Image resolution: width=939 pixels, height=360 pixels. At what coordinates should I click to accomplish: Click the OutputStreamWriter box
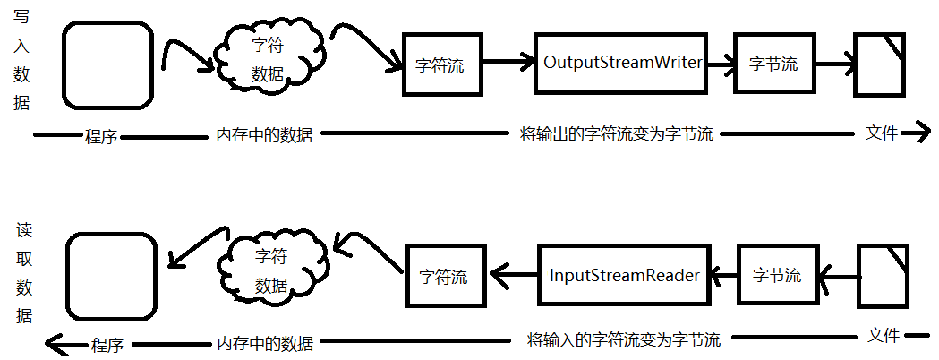(622, 64)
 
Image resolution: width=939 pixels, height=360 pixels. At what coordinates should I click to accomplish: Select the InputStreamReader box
(624, 275)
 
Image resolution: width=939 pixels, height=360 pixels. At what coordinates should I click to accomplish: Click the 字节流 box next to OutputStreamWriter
(773, 64)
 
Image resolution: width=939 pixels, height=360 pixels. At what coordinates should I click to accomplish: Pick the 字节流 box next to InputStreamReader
(776, 275)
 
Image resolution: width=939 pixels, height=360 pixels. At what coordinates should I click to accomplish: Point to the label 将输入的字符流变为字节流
(624, 339)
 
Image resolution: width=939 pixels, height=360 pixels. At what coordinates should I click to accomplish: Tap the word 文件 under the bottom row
(884, 336)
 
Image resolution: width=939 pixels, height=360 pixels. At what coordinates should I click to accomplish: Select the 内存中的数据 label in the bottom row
(265, 343)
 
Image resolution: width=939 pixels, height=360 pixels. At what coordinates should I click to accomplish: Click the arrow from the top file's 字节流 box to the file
(833, 64)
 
